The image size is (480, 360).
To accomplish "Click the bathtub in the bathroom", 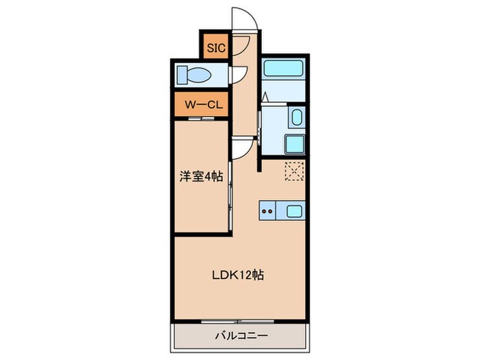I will click(285, 69).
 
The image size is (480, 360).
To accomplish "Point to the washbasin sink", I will click(296, 117).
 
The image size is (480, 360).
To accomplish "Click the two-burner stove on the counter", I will click(268, 211).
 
